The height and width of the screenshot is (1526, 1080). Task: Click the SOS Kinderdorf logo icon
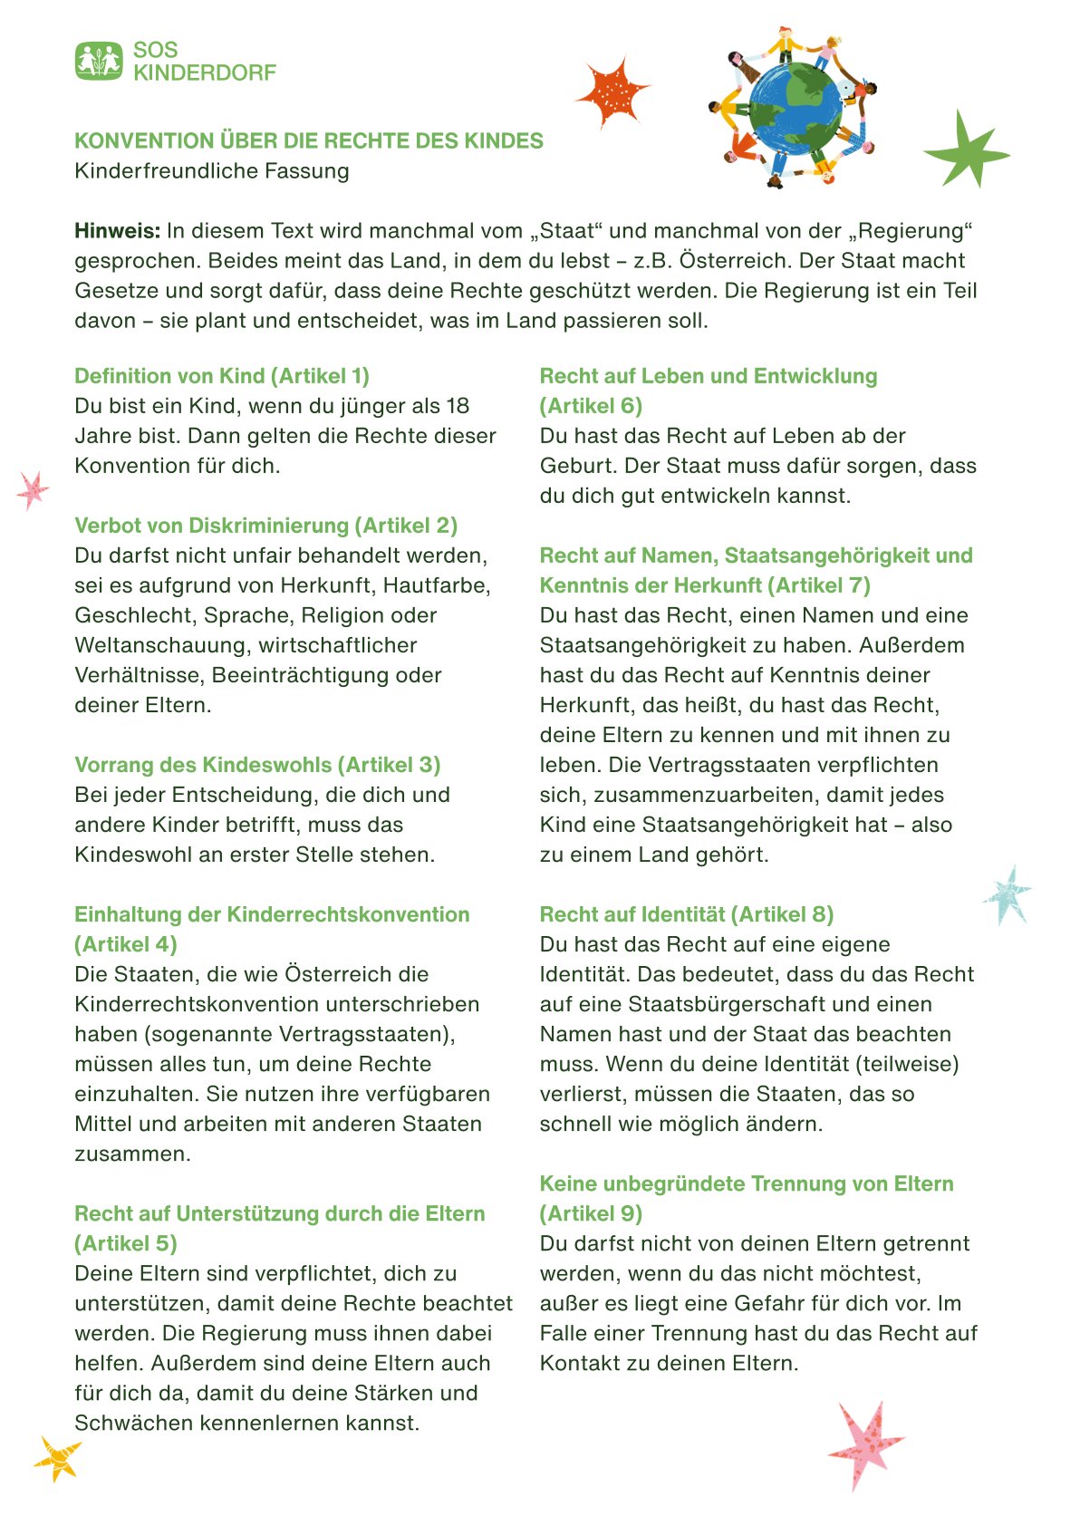[99, 61]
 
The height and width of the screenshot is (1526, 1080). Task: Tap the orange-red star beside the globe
[612, 92]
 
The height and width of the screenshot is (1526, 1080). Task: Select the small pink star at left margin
[34, 489]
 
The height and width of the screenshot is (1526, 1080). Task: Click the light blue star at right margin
[1008, 893]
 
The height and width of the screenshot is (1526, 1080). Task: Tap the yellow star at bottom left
[58, 1458]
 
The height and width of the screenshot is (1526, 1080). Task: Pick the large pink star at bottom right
[864, 1444]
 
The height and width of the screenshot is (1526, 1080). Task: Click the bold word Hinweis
[117, 231]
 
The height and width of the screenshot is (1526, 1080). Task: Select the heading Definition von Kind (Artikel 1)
[222, 376]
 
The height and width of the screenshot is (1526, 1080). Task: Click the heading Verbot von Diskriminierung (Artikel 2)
[265, 526]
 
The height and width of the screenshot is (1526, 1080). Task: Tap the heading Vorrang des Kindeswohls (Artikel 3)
[257, 765]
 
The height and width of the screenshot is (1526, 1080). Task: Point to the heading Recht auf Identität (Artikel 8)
[686, 914]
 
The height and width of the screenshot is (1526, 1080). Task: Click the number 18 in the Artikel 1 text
[458, 406]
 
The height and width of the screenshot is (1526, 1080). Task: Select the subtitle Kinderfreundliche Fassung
[211, 171]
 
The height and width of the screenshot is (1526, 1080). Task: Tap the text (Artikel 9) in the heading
[591, 1213]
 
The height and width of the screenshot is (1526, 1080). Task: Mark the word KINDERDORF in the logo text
[205, 72]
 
